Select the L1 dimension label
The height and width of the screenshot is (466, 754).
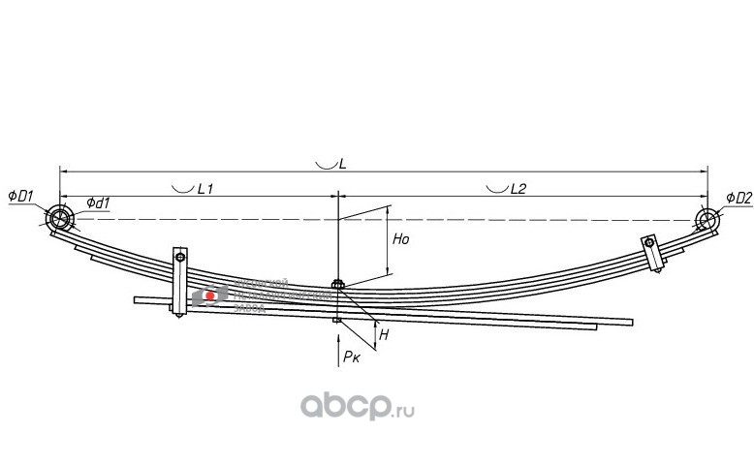204,189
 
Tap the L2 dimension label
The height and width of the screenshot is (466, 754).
518,189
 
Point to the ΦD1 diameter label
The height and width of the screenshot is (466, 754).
21,197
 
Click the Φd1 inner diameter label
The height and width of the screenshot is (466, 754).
97,202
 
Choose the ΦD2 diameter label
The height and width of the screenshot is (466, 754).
738,198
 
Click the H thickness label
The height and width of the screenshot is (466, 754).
384,334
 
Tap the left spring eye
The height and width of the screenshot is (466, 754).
61,217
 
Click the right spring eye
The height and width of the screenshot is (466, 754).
708,220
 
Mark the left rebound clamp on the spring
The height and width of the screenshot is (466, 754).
179,282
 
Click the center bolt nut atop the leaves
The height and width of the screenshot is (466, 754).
336,284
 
